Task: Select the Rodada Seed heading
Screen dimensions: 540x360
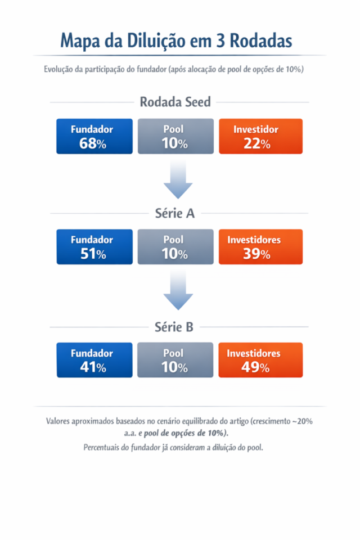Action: (175, 102)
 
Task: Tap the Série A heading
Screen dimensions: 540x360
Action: (175, 213)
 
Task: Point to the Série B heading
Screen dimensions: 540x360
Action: (175, 326)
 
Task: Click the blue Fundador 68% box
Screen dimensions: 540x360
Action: (94, 136)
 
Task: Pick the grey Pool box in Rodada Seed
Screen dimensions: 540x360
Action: (175, 136)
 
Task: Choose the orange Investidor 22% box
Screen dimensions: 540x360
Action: (260, 136)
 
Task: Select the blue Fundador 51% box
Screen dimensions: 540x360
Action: (94, 246)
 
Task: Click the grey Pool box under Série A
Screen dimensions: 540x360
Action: (175, 246)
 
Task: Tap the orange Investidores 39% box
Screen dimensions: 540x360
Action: (260, 246)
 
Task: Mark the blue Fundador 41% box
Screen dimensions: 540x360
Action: (94, 360)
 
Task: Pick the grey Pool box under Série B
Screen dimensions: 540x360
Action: (175, 360)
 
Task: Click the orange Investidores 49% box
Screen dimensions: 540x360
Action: (260, 360)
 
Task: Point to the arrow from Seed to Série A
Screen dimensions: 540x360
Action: (178, 180)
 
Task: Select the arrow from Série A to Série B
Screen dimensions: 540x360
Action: (178, 291)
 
